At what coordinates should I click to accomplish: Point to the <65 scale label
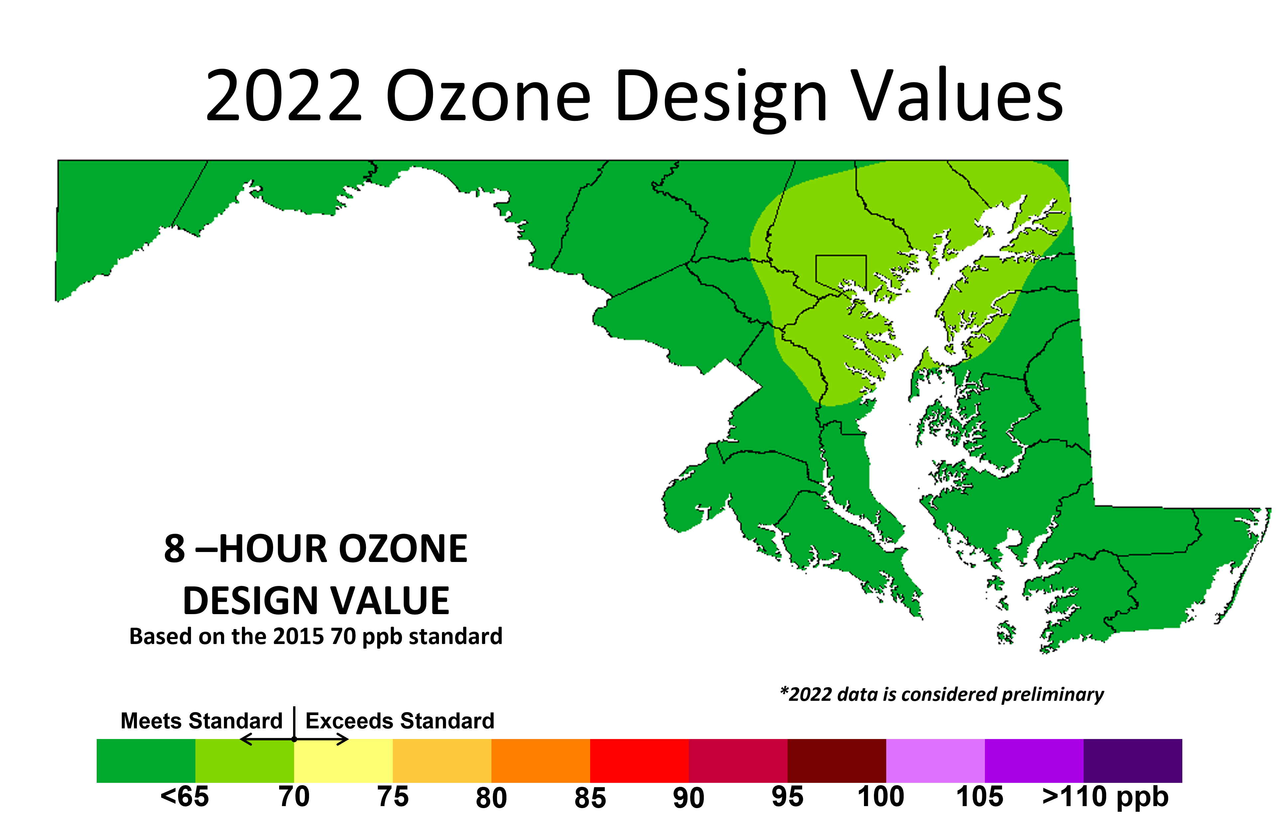[x=185, y=796]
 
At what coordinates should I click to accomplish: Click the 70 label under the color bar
[x=294, y=796]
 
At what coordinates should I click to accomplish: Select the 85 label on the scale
[x=590, y=797]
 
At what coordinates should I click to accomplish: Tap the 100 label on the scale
[x=881, y=796]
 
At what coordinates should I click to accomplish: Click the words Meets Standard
[x=202, y=720]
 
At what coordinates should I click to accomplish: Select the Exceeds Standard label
[x=400, y=720]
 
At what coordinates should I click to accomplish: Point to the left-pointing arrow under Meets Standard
[x=267, y=739]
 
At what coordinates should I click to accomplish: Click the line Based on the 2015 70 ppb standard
[x=316, y=636]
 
